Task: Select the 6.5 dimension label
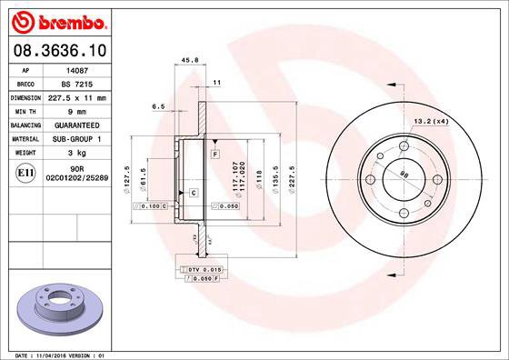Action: click(159, 106)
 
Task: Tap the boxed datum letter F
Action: click(215, 155)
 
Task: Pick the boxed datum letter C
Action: click(194, 193)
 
